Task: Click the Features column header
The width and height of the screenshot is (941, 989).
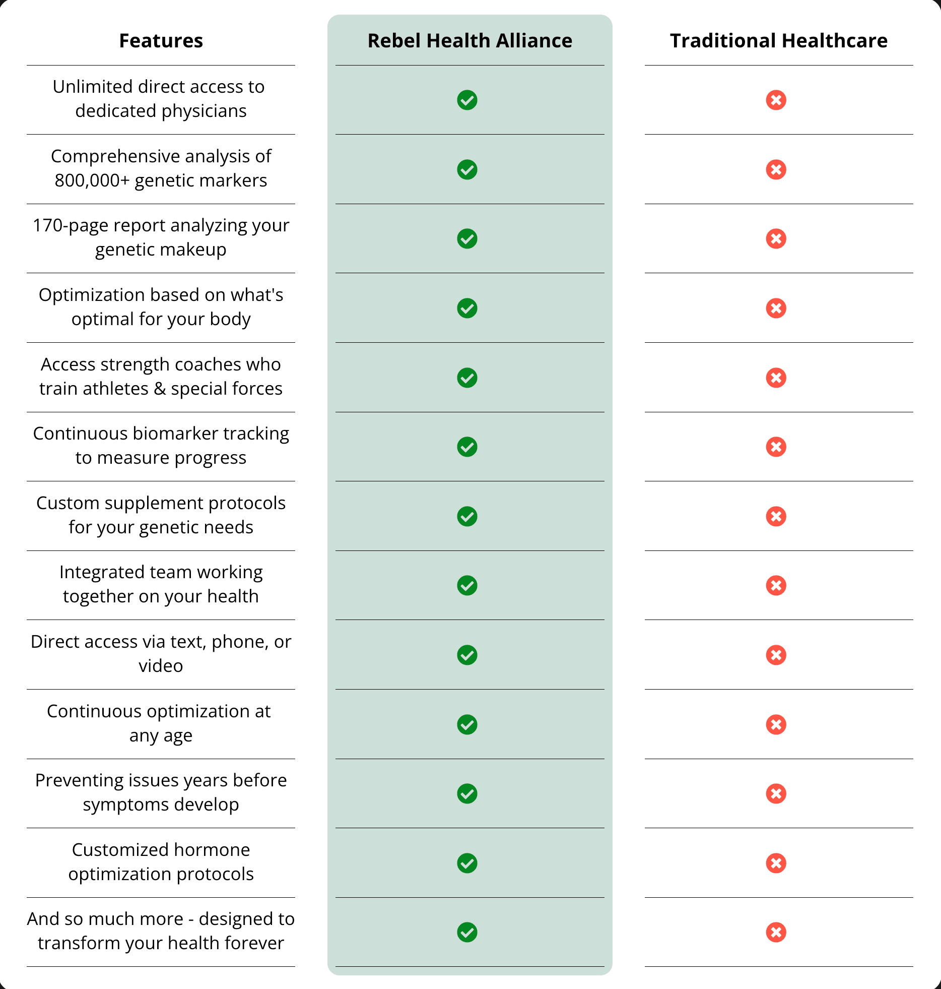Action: pos(161,41)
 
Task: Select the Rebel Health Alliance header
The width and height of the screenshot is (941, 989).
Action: pos(469,41)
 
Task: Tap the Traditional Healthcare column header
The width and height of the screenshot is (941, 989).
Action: pos(778,41)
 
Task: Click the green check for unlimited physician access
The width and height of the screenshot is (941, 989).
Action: pos(467,100)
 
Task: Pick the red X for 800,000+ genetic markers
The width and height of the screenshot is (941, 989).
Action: pos(776,170)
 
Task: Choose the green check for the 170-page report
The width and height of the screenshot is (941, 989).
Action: pos(467,239)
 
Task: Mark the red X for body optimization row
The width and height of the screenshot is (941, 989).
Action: pos(776,308)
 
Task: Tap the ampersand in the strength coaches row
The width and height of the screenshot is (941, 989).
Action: pos(160,389)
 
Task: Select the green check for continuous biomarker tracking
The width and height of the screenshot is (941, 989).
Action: pos(467,447)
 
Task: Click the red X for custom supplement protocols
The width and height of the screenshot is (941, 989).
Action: pos(776,517)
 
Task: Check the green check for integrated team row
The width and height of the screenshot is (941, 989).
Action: pos(467,586)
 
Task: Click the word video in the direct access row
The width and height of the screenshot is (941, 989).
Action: pos(161,666)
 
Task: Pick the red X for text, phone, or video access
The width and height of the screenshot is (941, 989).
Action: pos(776,655)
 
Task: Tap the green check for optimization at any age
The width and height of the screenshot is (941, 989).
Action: pos(467,725)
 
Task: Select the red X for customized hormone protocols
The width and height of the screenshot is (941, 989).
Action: pos(776,863)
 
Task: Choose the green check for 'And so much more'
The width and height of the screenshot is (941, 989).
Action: pos(467,933)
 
